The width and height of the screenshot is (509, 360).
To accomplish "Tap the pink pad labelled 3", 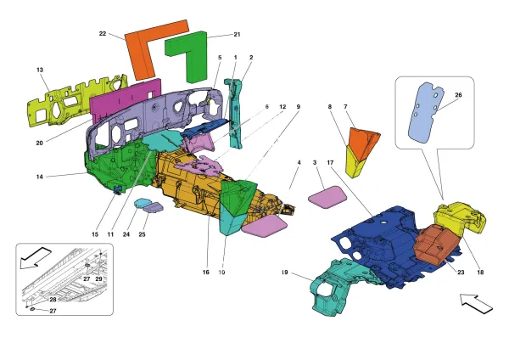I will coord(327,198).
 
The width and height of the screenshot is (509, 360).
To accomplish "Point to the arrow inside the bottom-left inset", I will coord(38,255).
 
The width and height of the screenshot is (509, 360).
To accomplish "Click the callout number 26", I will coord(458,95).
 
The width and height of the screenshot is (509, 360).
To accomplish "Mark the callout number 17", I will coord(331,160).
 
